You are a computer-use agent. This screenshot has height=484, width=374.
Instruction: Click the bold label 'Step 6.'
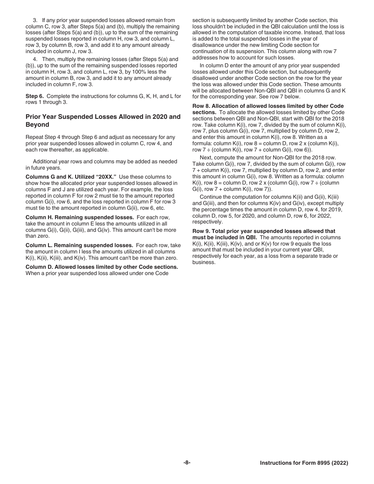pyautogui.click(x=35, y=96)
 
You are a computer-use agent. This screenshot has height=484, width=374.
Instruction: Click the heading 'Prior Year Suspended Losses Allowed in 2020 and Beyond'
pyautogui.click(x=103, y=120)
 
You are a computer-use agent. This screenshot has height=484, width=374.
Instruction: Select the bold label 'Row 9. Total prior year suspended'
pyautogui.click(x=236, y=231)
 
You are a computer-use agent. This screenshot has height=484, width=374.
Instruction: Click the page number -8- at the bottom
pyautogui.click(x=187, y=463)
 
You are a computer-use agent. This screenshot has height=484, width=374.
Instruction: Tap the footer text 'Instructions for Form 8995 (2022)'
pyautogui.click(x=304, y=463)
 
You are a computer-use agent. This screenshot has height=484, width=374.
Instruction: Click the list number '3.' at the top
pyautogui.click(x=35, y=20)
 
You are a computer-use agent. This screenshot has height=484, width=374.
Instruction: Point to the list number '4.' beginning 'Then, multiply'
pyautogui.click(x=35, y=59)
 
